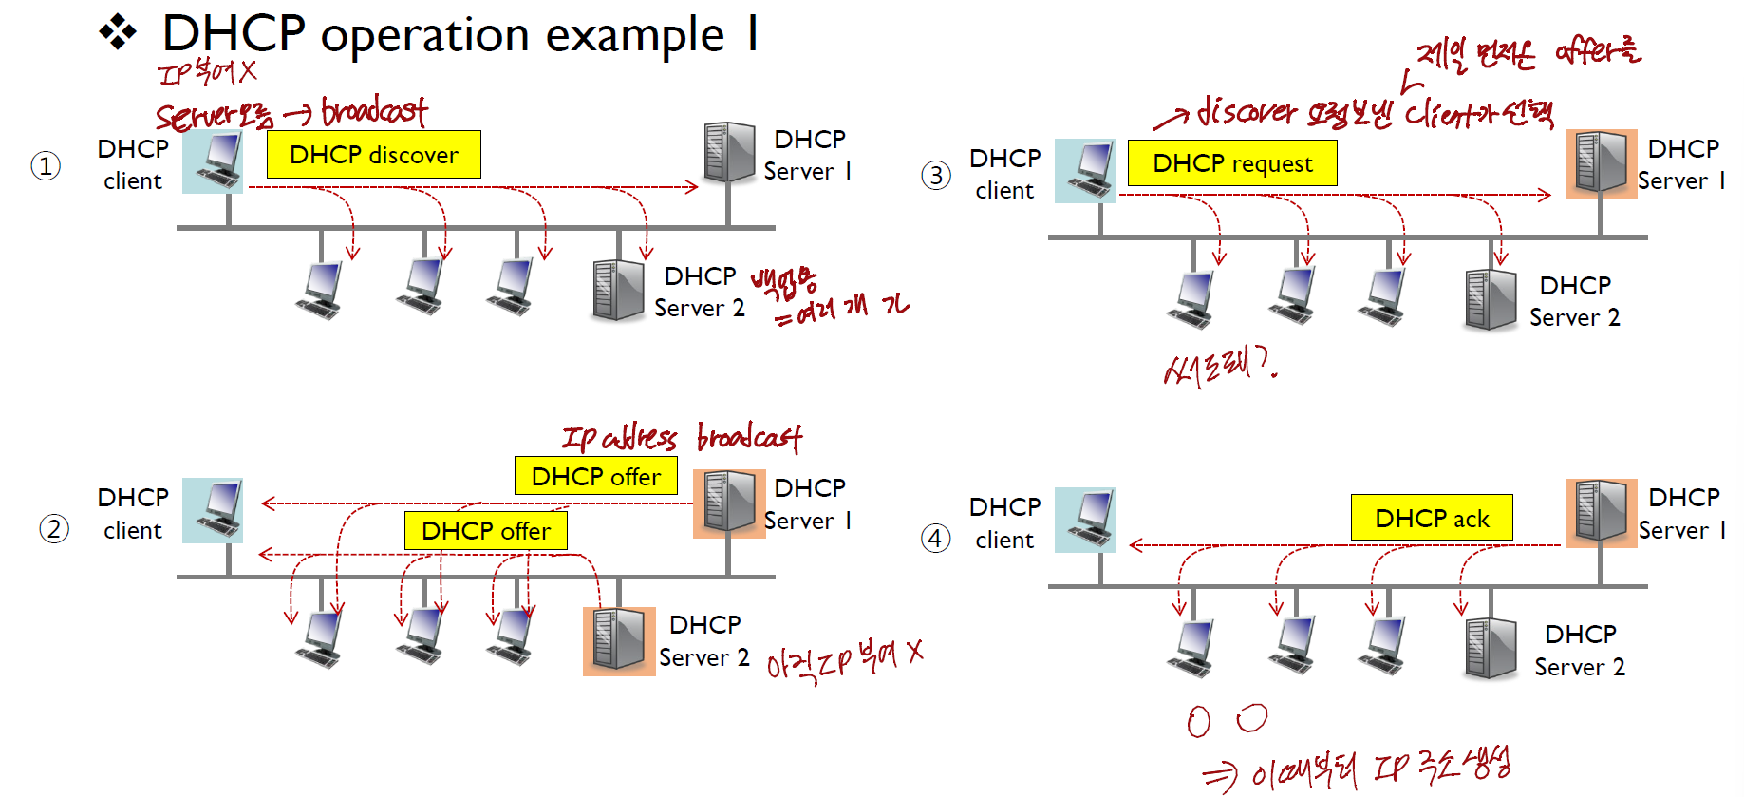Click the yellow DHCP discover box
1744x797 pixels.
[373, 155]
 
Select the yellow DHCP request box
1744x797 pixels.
[1231, 163]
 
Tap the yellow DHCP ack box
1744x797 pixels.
[1431, 518]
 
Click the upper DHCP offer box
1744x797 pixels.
[595, 476]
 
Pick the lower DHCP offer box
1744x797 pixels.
[485, 530]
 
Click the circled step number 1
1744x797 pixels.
[46, 166]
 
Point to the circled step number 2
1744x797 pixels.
[54, 529]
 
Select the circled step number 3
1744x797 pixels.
[935, 175]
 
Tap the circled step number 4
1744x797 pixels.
[935, 539]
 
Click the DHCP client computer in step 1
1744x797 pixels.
[213, 161]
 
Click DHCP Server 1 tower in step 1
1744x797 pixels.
[729, 152]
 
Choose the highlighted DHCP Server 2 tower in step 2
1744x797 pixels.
[619, 640]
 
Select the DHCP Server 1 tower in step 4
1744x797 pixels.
[1601, 513]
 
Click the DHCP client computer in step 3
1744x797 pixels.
[1085, 171]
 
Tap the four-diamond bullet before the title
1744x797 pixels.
[118, 32]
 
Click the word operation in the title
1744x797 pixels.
[426, 36]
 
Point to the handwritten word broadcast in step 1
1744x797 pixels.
[374, 112]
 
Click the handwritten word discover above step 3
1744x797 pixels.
[1247, 112]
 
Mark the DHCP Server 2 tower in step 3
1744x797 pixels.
[1490, 300]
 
